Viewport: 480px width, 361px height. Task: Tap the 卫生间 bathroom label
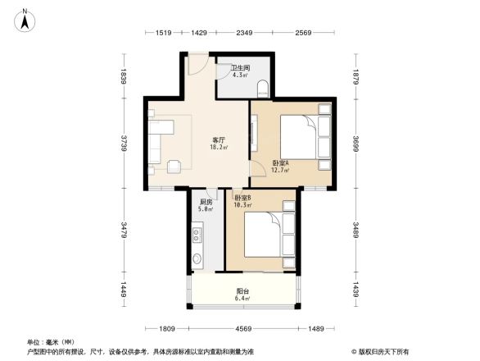[239, 68]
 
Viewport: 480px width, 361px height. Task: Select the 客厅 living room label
[220, 142]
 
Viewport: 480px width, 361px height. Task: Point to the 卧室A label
[280, 164]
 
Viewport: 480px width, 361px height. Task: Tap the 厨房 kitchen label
[206, 203]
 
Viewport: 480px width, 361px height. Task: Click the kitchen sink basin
[197, 262]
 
